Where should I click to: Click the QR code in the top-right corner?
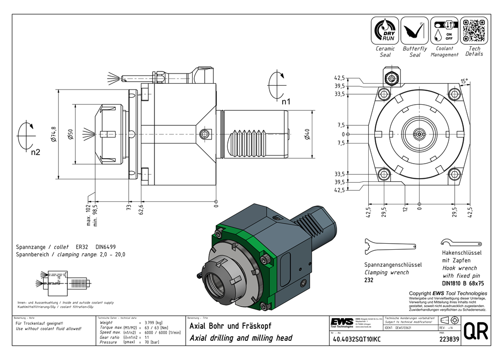(474, 30)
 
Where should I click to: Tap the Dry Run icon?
(385, 30)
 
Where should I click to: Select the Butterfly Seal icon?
(414, 30)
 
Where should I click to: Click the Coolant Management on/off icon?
(444, 30)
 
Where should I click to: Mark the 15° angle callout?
(464, 81)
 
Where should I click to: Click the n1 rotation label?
(286, 102)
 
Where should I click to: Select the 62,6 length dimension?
(141, 209)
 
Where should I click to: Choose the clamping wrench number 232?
(369, 280)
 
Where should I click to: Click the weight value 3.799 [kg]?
(153, 322)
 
